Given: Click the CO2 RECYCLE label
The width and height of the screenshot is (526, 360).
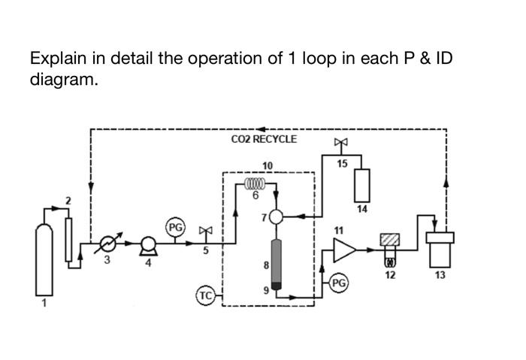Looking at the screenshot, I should [264, 139].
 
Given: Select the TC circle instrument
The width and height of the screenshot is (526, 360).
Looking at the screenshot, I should [205, 295].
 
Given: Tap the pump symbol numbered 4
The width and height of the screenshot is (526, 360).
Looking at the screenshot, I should [147, 243].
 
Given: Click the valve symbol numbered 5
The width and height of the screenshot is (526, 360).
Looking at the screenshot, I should [205, 230].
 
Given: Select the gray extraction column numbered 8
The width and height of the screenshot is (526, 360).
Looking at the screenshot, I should [277, 262].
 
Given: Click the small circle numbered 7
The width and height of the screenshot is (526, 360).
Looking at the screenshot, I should [277, 216].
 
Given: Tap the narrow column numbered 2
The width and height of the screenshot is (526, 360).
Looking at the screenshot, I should [70, 239].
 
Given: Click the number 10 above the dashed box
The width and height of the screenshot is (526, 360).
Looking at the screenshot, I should [268, 165].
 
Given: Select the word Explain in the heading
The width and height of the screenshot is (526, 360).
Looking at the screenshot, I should [59, 59].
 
